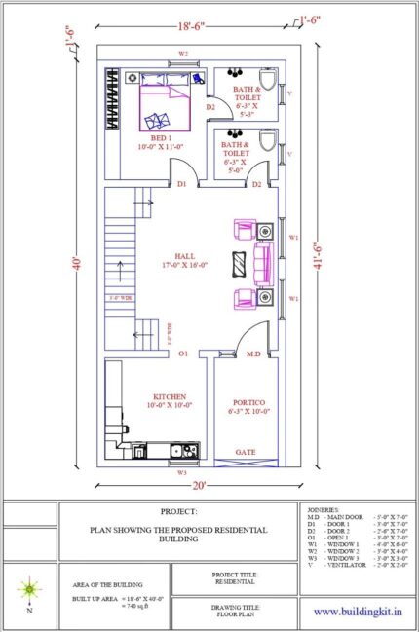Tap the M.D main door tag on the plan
[252, 354]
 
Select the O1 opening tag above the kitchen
[182, 354]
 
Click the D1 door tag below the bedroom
[181, 184]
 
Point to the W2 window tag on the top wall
[182, 54]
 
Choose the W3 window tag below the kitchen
[182, 472]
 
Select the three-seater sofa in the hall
[261, 261]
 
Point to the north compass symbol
[29, 587]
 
